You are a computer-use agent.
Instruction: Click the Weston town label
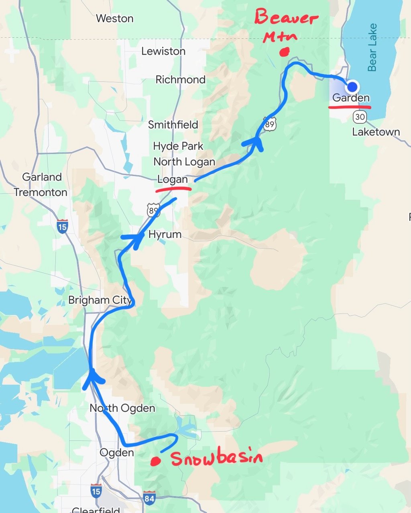114,18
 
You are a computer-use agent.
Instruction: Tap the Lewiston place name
163,51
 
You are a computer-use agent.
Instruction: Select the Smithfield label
173,125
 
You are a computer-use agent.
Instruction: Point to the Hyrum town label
165,234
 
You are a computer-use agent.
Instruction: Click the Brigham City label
100,300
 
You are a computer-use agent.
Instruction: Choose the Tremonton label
41,192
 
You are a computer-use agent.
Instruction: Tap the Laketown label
376,132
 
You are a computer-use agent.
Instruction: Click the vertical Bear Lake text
372,47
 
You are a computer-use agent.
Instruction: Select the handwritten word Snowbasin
217,458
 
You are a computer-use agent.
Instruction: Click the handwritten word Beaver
286,18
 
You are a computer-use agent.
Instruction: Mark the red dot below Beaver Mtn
285,51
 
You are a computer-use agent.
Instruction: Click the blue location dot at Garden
352,87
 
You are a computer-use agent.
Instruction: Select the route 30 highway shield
360,117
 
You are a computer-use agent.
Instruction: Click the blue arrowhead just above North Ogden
92,378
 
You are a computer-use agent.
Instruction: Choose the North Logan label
184,162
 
